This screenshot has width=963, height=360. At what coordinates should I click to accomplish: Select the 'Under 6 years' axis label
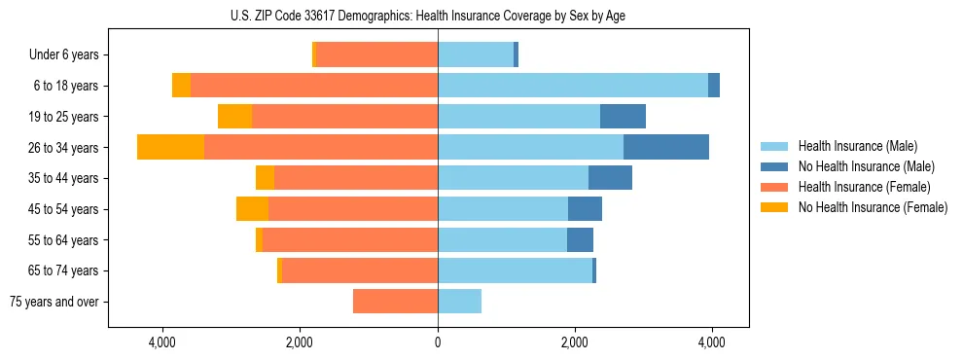coord(68,54)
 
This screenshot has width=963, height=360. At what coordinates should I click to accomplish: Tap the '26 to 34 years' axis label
coord(65,148)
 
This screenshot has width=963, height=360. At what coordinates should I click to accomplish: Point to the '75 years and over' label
coord(54,302)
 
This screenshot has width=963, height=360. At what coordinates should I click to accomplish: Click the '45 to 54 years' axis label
coord(65,209)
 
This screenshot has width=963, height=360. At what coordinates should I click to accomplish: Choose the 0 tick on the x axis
coord(438,342)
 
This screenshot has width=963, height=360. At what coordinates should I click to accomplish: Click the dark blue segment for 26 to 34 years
coord(666,147)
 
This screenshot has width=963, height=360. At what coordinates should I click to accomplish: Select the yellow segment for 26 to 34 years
coord(170,147)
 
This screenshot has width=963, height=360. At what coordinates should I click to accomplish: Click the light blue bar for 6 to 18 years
coord(573,86)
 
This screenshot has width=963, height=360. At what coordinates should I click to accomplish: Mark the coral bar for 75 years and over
coord(395,302)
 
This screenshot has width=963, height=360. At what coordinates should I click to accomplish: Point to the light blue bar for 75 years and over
coord(459,302)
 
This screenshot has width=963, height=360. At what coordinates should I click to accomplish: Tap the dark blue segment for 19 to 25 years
coord(623,117)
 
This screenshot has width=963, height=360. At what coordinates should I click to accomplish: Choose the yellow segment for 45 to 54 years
coord(252,209)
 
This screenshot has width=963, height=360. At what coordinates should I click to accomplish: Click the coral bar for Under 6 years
coord(376,54)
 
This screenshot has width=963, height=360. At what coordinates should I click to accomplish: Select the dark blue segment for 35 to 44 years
coord(610,178)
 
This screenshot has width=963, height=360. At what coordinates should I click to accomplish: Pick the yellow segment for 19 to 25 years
coord(234,117)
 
